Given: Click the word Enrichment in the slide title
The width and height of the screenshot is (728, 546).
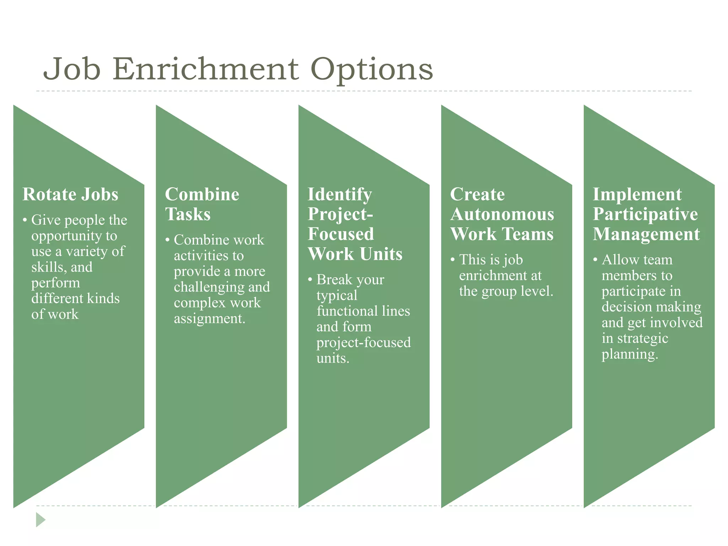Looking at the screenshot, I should coord(206,69).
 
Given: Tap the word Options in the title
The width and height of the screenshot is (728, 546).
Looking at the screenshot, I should coord(371,70).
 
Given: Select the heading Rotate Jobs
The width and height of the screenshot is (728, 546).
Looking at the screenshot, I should coord(70,194).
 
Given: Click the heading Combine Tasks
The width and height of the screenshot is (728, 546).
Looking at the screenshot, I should coord(202,204).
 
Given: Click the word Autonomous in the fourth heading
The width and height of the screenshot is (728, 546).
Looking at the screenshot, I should coord(502,214).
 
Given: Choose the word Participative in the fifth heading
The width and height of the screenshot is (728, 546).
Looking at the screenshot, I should coord(645,214).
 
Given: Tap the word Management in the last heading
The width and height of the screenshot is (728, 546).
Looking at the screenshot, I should coord(646,234).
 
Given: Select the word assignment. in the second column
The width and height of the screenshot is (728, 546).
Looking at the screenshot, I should coord(209,319).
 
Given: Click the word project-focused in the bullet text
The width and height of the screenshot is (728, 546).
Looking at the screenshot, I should coord(363,343).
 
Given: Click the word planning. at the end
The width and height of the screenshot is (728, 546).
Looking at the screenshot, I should coord(630,354).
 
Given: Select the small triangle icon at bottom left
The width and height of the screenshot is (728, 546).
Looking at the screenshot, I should coord(41,520).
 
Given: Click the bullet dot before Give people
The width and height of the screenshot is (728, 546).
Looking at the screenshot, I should coord(25,220).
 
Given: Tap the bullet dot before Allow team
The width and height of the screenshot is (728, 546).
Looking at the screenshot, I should coord(595,260).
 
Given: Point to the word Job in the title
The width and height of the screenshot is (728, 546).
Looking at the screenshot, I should coord(71,69).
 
